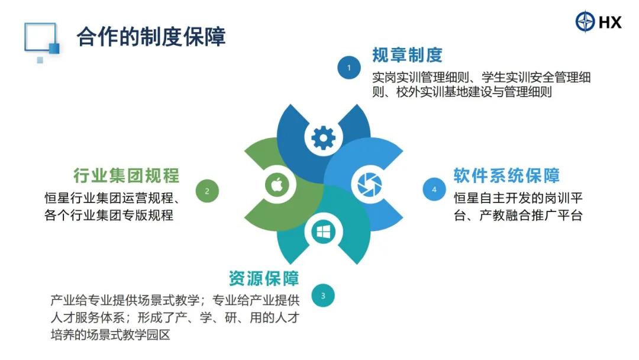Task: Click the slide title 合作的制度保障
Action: click(x=151, y=37)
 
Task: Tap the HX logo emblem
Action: click(x=585, y=21)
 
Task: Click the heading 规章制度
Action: click(x=407, y=55)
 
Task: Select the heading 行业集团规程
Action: click(x=127, y=175)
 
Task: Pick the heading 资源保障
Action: click(x=264, y=278)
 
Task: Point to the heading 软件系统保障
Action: click(x=506, y=175)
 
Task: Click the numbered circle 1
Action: click(x=349, y=67)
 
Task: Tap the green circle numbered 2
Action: click(x=207, y=191)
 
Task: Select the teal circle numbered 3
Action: click(x=323, y=295)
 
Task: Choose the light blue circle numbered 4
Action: click(x=434, y=189)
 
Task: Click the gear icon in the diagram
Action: click(x=324, y=138)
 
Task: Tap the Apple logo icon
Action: click(x=277, y=185)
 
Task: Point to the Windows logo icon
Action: click(x=324, y=232)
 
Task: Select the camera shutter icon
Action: click(x=370, y=184)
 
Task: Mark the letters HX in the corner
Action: click(x=610, y=22)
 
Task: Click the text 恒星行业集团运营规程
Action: click(x=109, y=198)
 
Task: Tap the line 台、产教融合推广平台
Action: click(x=518, y=215)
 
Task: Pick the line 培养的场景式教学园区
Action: click(x=111, y=335)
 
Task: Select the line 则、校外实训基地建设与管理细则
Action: click(x=462, y=92)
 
